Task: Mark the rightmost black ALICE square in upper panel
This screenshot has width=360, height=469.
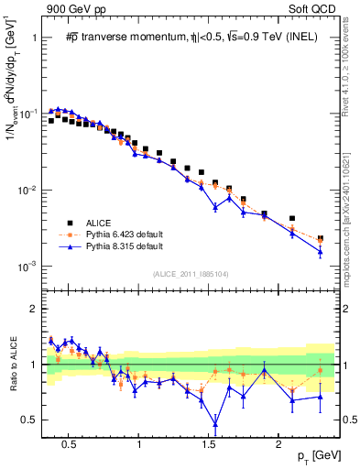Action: coord(320,239)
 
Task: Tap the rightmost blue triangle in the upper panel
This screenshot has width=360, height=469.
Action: coord(320,251)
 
